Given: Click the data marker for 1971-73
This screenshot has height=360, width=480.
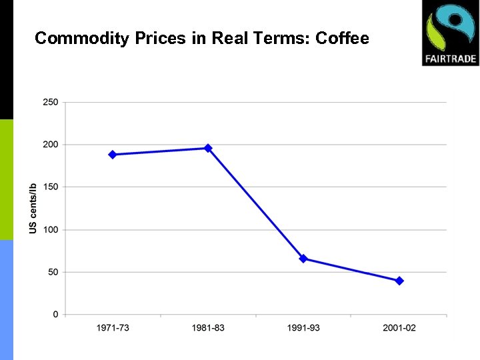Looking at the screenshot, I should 112,155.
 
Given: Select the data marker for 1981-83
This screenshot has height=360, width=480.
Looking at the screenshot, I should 208,148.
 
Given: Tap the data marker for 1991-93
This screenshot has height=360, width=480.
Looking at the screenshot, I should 303,259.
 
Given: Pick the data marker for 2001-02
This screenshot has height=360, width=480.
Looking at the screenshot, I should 399,281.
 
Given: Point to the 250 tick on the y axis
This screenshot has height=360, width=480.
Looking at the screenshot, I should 51,102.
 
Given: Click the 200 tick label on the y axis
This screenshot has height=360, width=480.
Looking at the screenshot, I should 51,145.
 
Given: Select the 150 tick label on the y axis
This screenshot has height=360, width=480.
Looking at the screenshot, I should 51,187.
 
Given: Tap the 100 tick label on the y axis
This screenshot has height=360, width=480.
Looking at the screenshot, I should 51,229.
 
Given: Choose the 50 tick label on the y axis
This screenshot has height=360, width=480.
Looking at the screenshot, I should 53,272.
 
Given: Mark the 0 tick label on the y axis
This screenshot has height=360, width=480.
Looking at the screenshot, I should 55,315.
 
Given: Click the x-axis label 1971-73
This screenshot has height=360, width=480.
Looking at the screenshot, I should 113,328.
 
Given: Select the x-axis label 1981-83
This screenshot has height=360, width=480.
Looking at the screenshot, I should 208,328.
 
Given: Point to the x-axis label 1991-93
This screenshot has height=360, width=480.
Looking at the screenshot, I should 303,328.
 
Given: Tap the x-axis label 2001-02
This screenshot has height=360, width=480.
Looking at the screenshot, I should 399,328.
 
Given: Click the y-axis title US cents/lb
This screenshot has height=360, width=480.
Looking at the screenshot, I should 33,208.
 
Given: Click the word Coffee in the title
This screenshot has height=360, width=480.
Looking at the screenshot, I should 342,38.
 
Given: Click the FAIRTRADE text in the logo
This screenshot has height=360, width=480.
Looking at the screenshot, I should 450,59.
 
